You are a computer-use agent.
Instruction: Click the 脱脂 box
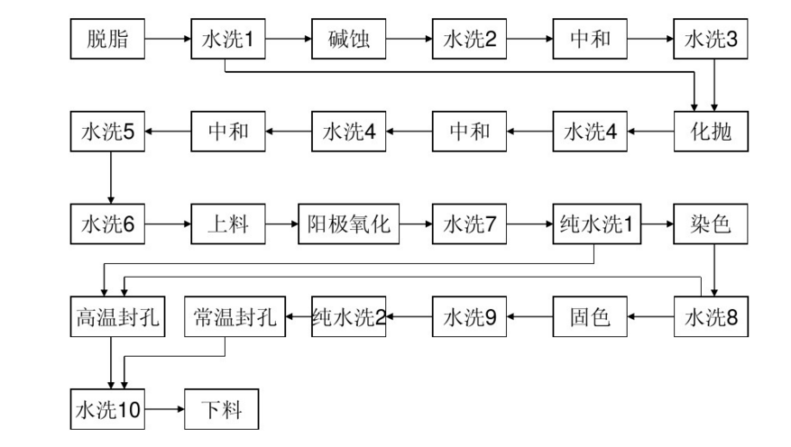(107, 40)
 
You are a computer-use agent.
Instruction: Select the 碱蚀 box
(349, 40)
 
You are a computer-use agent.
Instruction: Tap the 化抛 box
(712, 132)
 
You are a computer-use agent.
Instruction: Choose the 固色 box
(590, 316)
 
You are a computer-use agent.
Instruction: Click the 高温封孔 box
(117, 316)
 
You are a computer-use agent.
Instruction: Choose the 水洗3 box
(712, 40)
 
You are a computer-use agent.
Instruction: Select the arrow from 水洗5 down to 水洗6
(110, 178)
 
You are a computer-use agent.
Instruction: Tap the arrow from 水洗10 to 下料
(164, 410)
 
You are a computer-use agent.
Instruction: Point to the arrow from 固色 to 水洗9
(529, 316)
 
